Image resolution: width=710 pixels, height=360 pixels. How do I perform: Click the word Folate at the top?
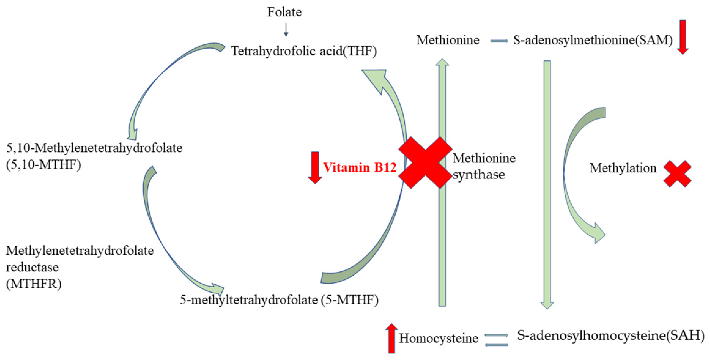click(x=284, y=12)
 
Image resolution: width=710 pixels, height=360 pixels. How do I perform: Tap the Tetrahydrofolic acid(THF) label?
click(x=304, y=51)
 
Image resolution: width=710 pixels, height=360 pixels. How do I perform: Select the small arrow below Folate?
click(x=286, y=30)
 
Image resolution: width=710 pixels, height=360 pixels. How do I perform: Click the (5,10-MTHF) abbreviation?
click(x=43, y=165)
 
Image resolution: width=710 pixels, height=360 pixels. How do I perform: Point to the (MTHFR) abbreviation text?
click(x=34, y=284)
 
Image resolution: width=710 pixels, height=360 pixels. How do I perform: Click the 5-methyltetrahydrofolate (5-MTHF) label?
click(x=279, y=300)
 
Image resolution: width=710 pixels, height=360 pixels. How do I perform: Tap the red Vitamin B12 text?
click(x=360, y=167)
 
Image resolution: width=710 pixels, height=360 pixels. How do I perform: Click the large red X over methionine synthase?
click(x=425, y=163)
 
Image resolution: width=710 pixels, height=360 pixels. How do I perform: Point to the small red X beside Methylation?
click(x=677, y=174)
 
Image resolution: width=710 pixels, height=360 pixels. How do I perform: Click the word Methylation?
click(x=623, y=168)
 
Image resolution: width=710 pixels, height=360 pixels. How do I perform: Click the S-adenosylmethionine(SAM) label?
click(x=593, y=40)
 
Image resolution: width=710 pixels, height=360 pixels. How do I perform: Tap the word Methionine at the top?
click(x=448, y=40)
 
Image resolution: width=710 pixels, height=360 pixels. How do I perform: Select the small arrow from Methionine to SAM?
click(x=499, y=41)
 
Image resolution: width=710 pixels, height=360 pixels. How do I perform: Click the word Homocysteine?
click(x=438, y=338)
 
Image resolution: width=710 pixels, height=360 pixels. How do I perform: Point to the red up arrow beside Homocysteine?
click(x=391, y=338)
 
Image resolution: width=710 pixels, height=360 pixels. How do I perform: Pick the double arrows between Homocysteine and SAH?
click(x=497, y=340)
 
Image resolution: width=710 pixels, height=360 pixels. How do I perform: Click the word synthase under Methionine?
click(x=479, y=175)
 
